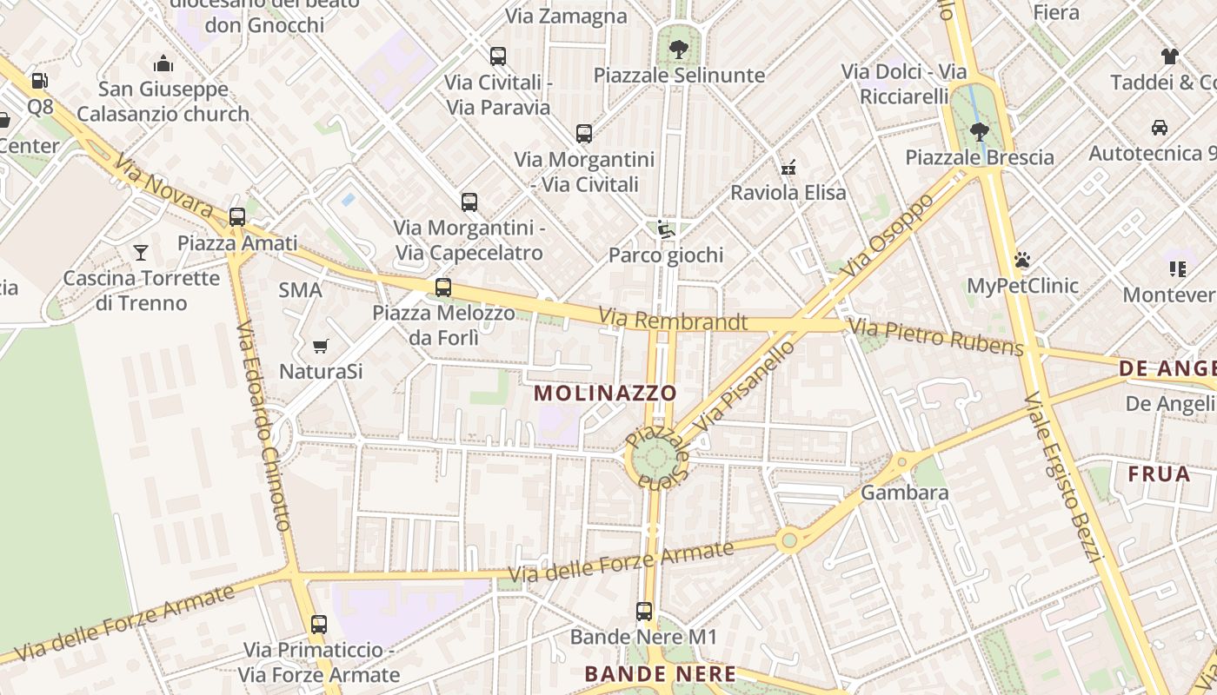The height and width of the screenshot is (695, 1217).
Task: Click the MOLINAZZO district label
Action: pos(605,393)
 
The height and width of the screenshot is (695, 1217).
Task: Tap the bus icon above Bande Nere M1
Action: pos(643,612)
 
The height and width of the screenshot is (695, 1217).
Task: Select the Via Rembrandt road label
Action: pos(673,321)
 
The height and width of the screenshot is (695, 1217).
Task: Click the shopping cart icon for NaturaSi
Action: pos(320,347)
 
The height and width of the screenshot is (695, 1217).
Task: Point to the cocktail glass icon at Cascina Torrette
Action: pos(141,253)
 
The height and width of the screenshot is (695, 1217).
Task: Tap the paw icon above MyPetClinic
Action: pos(1022,260)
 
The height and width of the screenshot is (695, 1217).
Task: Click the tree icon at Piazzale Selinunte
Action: pos(679,49)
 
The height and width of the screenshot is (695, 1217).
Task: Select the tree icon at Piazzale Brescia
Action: pos(980,132)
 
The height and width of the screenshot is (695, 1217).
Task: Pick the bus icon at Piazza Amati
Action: pos(236,217)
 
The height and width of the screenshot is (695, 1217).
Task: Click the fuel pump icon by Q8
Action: pos(39,81)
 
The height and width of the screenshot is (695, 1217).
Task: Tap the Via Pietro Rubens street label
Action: pos(936,338)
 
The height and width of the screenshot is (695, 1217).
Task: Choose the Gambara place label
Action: pos(904,493)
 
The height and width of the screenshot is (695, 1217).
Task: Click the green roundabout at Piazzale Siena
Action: pos(655,459)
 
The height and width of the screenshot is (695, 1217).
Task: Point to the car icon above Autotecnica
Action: pos(1159,128)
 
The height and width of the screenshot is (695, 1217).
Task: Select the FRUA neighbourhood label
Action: pos(1159,474)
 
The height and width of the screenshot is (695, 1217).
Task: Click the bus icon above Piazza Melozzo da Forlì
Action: pos(443,288)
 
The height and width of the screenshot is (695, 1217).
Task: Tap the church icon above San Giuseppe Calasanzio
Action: pos(163,63)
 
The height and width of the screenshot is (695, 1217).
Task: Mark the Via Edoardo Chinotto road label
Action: pos(263,426)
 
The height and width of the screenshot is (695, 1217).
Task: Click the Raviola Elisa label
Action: pos(788,193)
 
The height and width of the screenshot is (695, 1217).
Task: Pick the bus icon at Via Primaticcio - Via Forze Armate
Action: pos(319,624)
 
